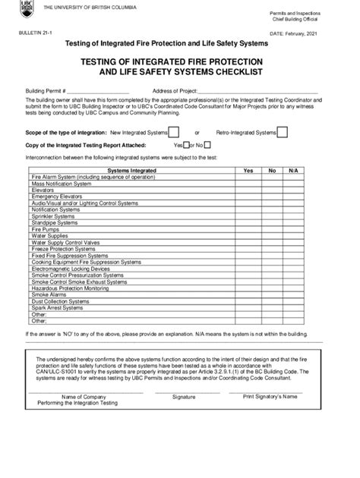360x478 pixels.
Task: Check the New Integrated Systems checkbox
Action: pos(174,132)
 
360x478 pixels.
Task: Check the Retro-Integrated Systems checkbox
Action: pos(282,132)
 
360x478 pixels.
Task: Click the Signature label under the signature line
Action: pos(184,418)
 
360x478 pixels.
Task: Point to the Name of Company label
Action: pos(84,418)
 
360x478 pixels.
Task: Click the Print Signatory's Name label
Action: pos(273,417)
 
